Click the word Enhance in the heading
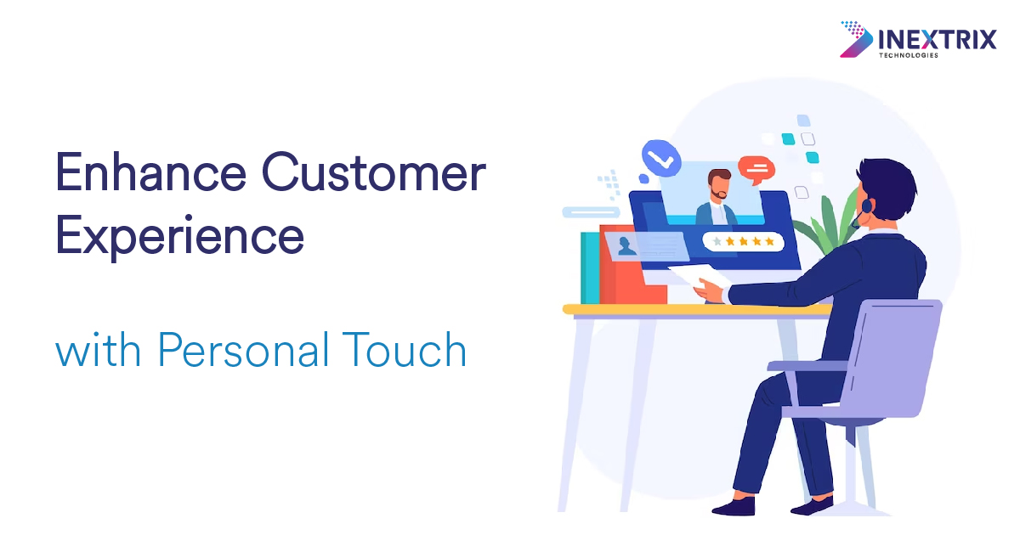(x=150, y=172)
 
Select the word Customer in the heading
(x=374, y=172)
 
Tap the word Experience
(x=179, y=237)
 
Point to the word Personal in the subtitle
(x=243, y=349)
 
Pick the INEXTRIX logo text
(x=937, y=40)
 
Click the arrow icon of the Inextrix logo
(x=856, y=39)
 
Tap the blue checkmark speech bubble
(x=661, y=158)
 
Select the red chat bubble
(x=756, y=170)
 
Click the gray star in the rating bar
(x=717, y=241)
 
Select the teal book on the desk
(x=590, y=268)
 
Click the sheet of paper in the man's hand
(x=698, y=276)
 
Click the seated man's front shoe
(x=734, y=506)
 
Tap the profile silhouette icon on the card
(x=627, y=246)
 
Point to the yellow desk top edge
(x=697, y=309)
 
